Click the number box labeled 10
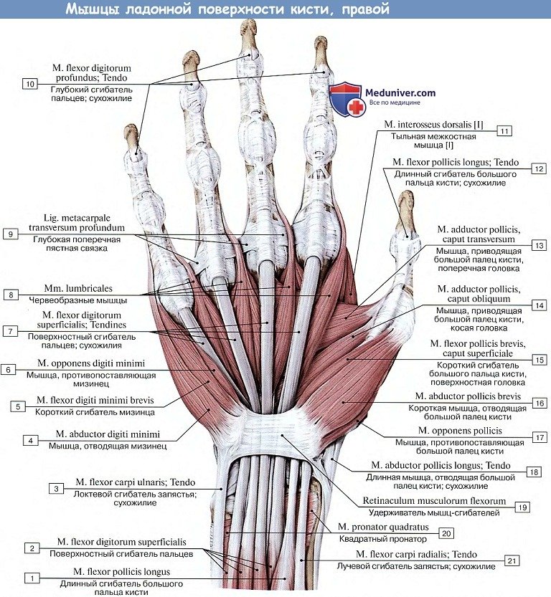coord(29,84)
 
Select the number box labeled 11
coord(505,131)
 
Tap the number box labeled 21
coord(511,560)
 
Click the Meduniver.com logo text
coord(400,92)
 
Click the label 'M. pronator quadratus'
coord(384,527)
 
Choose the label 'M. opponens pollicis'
coord(460,430)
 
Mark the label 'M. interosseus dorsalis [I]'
coord(433,125)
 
